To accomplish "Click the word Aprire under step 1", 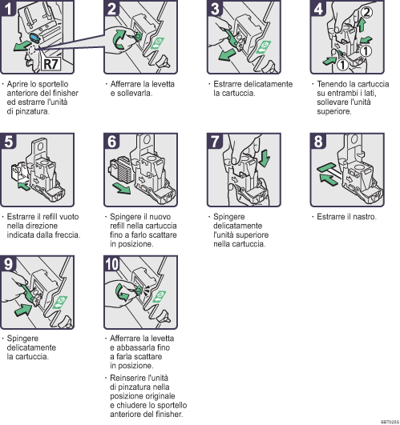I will pos(19,84).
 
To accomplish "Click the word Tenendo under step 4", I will pos(332,84).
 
